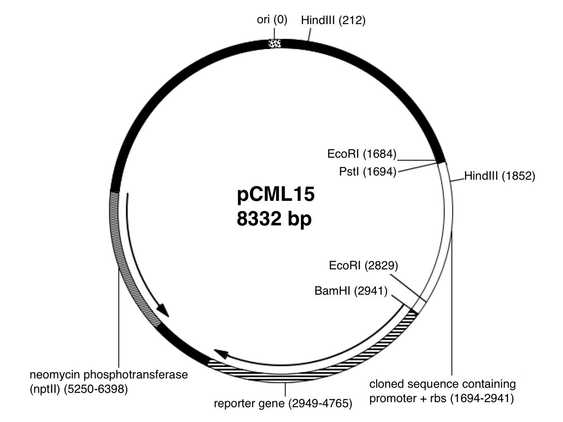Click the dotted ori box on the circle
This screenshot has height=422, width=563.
point(275,43)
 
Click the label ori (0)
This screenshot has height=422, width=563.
point(272,20)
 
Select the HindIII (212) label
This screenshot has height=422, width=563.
point(333,20)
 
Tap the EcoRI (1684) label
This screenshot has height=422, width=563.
point(362,154)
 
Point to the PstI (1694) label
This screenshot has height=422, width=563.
point(368,172)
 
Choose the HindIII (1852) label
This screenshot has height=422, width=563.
point(500,176)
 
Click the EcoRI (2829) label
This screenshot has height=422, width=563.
point(363,266)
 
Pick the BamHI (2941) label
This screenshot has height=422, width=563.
point(351,291)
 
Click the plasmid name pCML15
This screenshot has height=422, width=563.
point(276,195)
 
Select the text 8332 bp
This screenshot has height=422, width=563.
point(274,219)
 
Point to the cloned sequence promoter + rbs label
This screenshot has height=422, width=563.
point(443,391)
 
